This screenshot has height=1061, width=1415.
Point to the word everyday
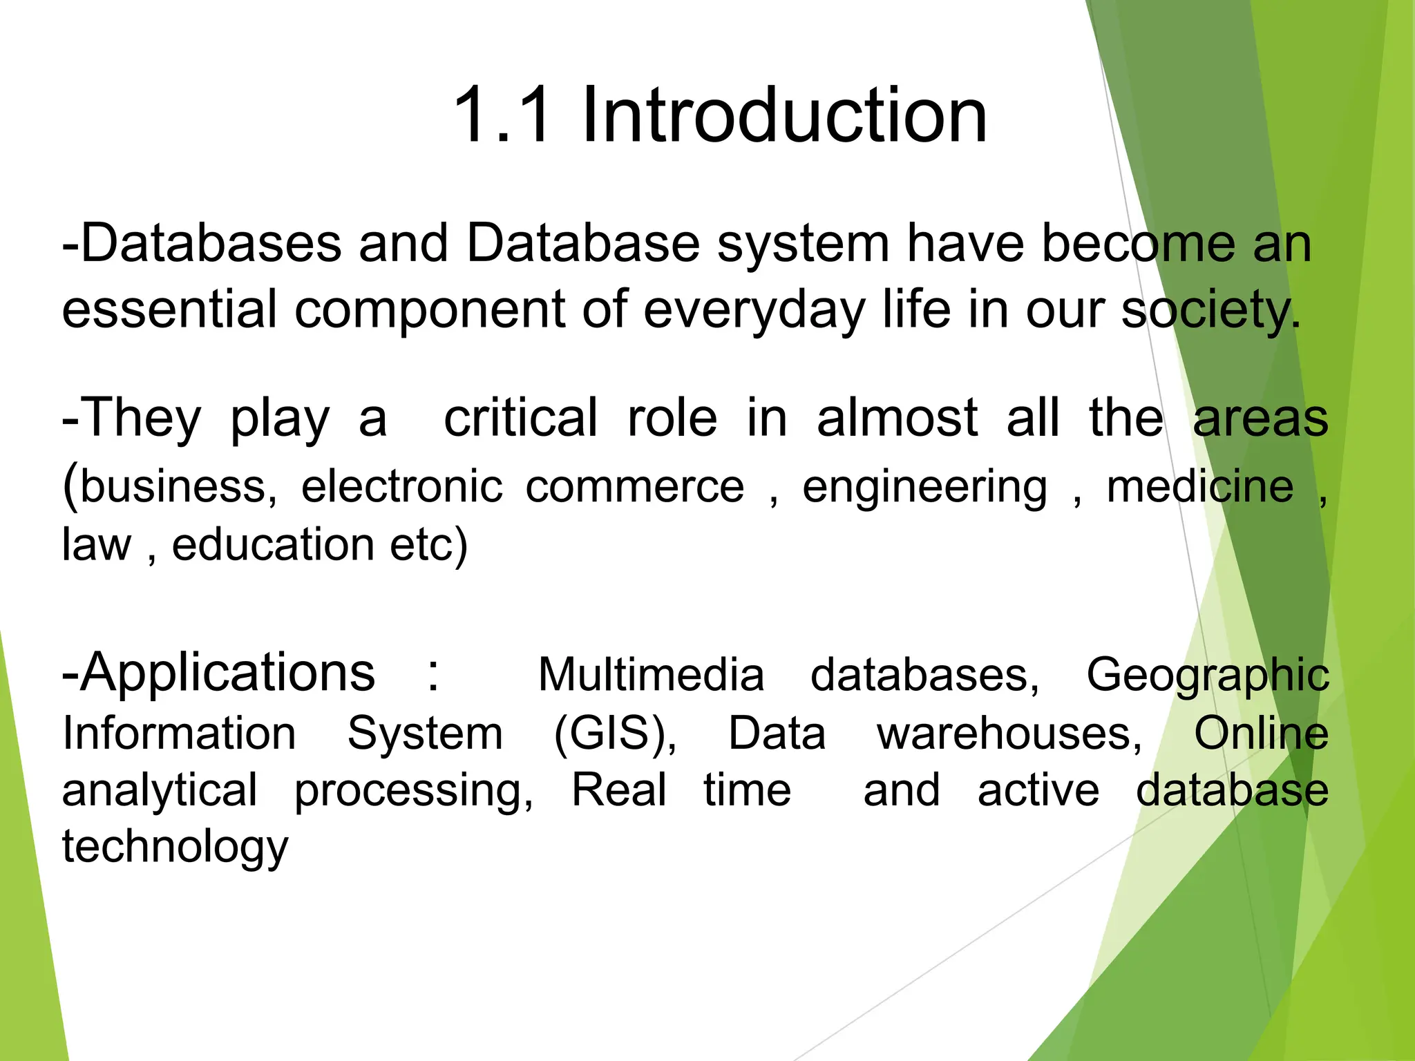coord(754,310)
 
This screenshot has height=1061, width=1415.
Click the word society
coord(1209,310)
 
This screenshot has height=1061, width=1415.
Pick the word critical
coord(520,418)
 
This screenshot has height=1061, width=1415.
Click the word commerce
coord(634,486)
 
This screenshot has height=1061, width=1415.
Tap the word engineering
coord(924,488)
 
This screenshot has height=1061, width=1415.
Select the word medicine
coord(1200,486)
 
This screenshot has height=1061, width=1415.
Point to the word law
coord(96,544)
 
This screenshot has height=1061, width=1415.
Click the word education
coord(273,544)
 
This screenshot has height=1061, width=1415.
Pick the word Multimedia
coord(651,674)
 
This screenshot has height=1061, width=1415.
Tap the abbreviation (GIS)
coord(615,733)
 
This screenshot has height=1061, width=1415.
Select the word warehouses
coord(1009,733)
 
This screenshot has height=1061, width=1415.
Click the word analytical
coord(160,791)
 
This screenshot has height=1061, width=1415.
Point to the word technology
coord(175,848)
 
